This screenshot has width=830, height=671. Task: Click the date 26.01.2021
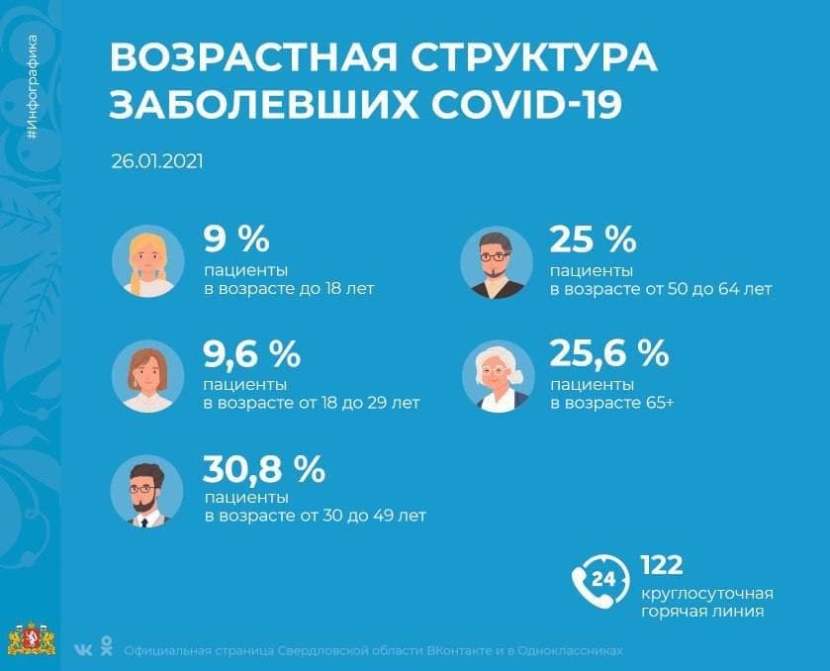point(157,160)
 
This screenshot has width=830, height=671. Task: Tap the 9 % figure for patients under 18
point(236,240)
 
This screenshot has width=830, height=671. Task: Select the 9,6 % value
point(251,352)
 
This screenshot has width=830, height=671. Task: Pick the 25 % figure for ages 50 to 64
point(592,240)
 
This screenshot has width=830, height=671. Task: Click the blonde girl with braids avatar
point(149,261)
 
